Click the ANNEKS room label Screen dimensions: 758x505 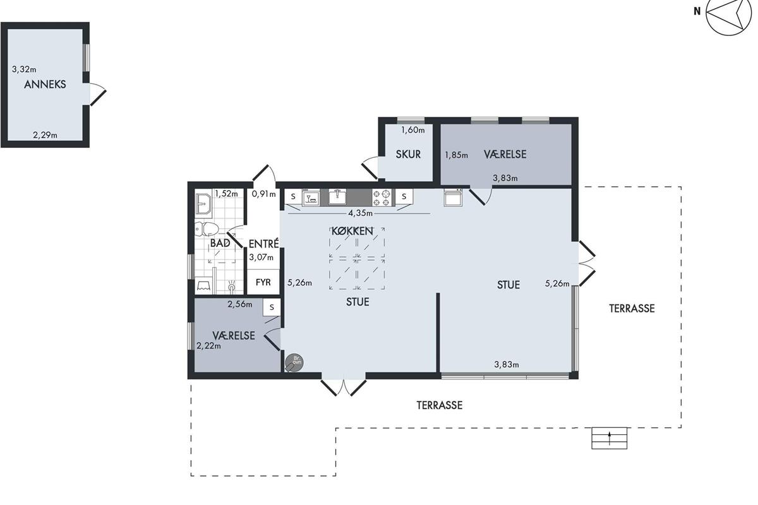coord(45,84)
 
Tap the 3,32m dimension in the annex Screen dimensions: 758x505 coord(24,69)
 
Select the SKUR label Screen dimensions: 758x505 coord(408,154)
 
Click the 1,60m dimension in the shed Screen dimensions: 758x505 coord(413,130)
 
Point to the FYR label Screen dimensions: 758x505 coord(263,282)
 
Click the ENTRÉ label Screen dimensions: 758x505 coord(263,244)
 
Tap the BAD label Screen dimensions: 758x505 coord(220,243)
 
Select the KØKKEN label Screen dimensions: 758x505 coord(352,231)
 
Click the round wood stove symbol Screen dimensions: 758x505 coord(294,362)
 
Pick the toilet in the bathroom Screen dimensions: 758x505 coord(207,229)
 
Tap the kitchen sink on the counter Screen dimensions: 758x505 coord(337,197)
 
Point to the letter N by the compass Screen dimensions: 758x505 coord(697,11)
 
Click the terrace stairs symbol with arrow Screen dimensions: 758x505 coord(609,438)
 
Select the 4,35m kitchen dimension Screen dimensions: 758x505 coord(361,213)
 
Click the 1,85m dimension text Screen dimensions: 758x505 coord(456,155)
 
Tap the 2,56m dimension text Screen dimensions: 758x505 coord(239,304)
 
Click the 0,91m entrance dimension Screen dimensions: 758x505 coord(263,194)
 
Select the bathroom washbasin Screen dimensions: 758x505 coord(203,205)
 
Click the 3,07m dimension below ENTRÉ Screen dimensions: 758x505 coord(262,258)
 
